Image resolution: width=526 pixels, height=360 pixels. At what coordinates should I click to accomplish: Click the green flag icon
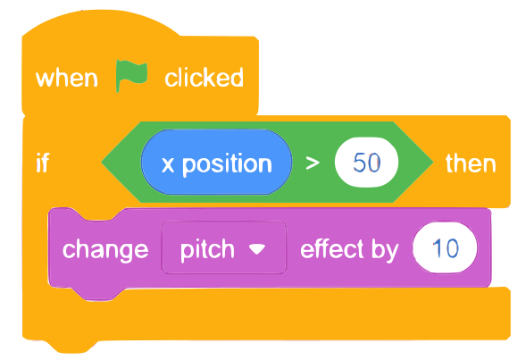[131, 76]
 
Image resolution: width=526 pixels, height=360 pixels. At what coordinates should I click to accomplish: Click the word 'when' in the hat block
[67, 79]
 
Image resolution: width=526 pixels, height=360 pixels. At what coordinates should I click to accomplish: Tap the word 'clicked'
[204, 78]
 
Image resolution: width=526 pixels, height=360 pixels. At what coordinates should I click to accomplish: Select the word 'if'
[43, 163]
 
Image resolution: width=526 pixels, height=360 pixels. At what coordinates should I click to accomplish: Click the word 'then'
[471, 163]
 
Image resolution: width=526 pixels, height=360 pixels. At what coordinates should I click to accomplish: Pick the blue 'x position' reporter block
[216, 162]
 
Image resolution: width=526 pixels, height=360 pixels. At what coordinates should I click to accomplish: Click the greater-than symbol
[313, 163]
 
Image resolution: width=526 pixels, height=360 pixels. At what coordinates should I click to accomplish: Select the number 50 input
[366, 162]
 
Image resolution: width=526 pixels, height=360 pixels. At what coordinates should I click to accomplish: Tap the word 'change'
[105, 250]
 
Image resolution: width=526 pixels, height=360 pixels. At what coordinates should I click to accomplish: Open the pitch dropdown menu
[224, 247]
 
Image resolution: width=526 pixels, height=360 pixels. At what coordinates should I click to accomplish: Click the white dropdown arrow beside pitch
[257, 248]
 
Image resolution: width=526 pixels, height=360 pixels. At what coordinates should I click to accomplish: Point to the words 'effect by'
[349, 249]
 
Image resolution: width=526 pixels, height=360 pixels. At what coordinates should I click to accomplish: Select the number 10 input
[445, 247]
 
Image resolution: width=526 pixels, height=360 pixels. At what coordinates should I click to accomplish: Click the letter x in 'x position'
[168, 165]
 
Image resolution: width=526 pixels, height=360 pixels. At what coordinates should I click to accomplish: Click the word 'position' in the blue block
[227, 165]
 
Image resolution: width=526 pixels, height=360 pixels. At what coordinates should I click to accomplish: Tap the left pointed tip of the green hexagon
[102, 163]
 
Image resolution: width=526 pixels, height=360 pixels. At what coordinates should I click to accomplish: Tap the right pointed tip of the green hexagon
[433, 163]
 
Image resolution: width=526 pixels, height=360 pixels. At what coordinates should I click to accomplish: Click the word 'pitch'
[207, 250]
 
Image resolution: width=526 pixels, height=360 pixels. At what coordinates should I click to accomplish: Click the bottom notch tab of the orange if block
[71, 347]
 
